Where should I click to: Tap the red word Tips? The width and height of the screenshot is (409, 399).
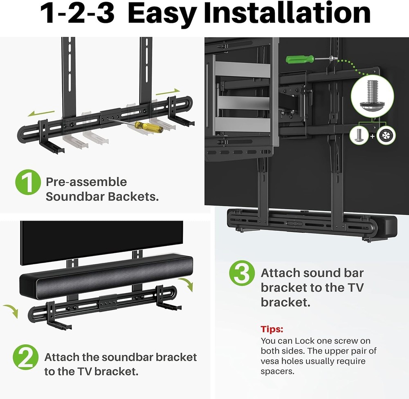(x=272, y=329)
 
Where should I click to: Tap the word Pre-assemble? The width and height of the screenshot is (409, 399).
(x=86, y=182)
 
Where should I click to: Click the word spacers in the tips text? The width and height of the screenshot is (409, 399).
(x=278, y=371)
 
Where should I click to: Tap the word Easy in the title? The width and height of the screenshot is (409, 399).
(x=164, y=14)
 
